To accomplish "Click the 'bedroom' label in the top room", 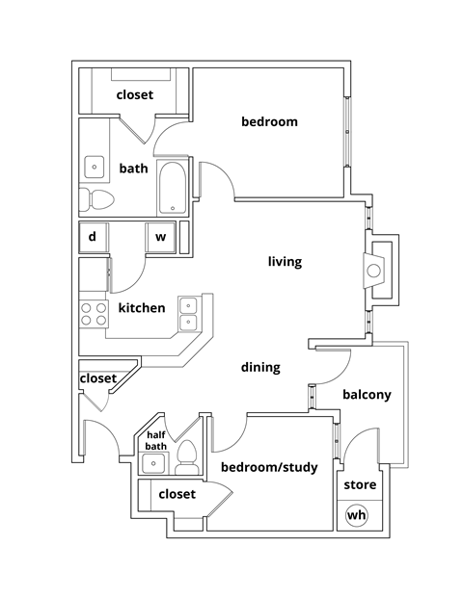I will pyautogui.click(x=268, y=122).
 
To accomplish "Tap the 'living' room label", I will pyautogui.click(x=285, y=261).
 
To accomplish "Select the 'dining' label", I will pyautogui.click(x=260, y=367).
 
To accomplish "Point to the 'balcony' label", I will pyautogui.click(x=366, y=394).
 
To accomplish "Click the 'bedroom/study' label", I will pyautogui.click(x=269, y=468).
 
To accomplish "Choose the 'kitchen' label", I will pyautogui.click(x=141, y=308).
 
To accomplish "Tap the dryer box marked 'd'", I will pyautogui.click(x=93, y=236).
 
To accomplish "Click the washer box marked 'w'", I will pyautogui.click(x=160, y=236).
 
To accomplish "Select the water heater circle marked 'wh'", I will pyautogui.click(x=357, y=516).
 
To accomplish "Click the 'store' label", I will pyautogui.click(x=360, y=484).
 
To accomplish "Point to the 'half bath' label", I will pyautogui.click(x=155, y=440).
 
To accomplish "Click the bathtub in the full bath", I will pyautogui.click(x=174, y=188).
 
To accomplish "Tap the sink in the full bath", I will pyautogui.click(x=95, y=166).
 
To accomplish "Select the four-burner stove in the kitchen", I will pyautogui.click(x=94, y=313).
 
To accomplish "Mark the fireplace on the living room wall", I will pyautogui.click(x=376, y=270).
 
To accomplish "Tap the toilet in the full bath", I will pyautogui.click(x=96, y=199).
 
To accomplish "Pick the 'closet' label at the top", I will pyautogui.click(x=135, y=94).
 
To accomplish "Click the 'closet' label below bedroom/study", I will pyautogui.click(x=176, y=494).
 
